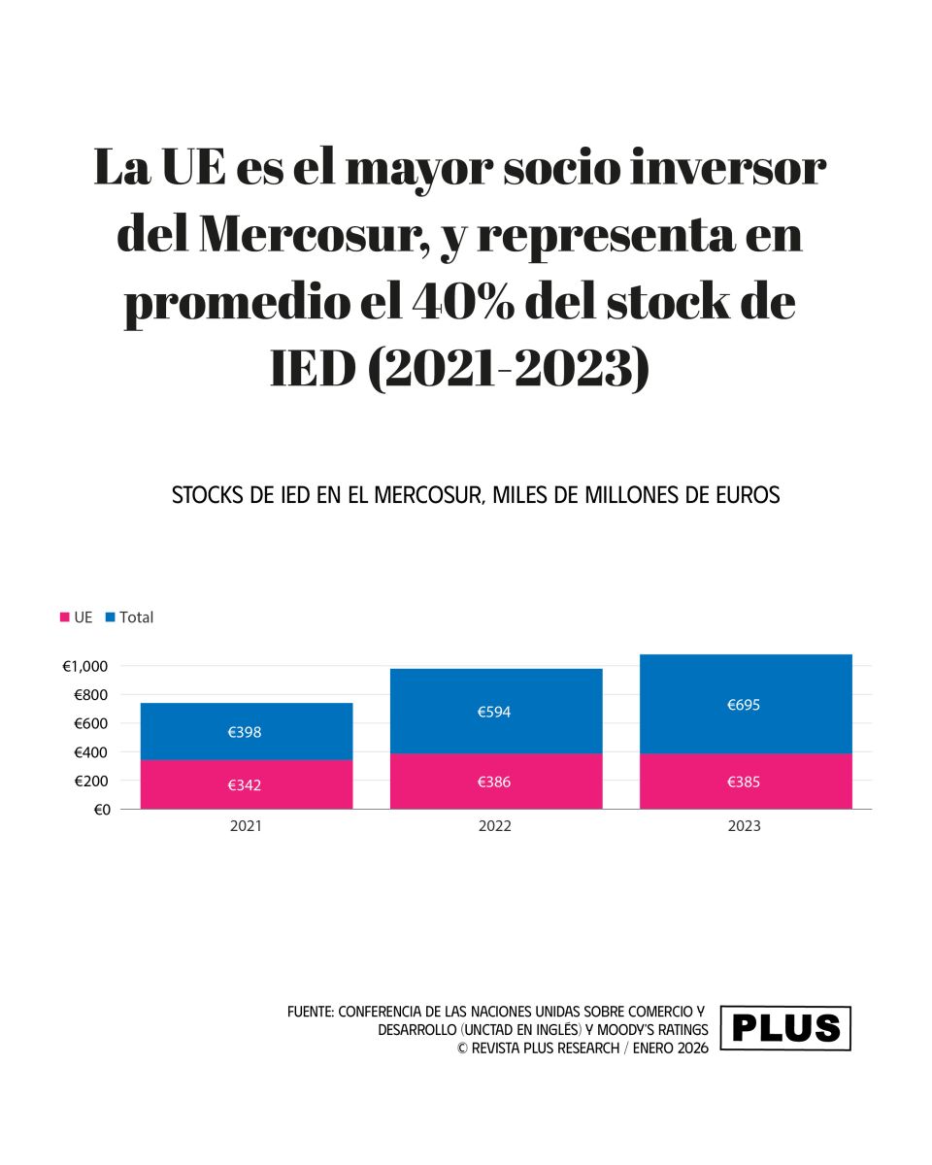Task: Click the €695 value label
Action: coord(744,705)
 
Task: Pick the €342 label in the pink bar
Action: coord(245,785)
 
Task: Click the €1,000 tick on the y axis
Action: coord(85,666)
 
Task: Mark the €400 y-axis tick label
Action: coord(90,752)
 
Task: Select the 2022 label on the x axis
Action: coord(494,827)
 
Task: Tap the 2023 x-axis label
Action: coord(744,827)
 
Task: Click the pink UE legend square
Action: coord(65,617)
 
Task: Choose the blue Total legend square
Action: coord(110,617)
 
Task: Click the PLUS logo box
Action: coord(785,1029)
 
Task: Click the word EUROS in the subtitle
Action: coord(747,495)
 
